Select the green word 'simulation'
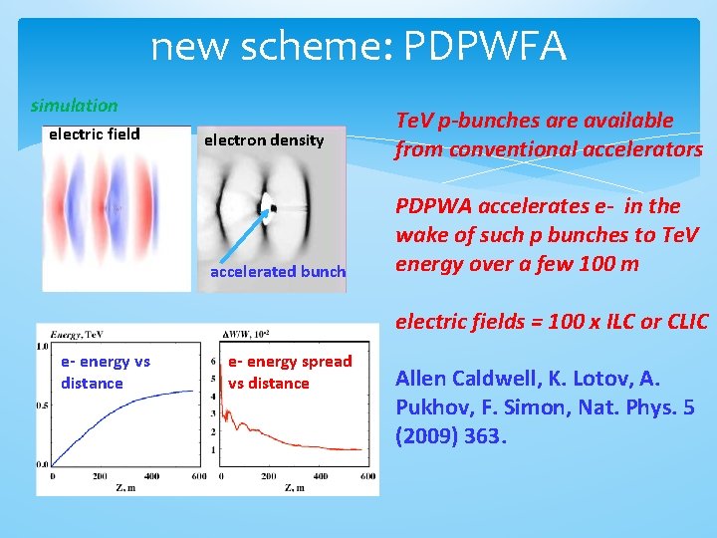74,105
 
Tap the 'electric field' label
95,134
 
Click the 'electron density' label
264,140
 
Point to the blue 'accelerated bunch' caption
278,271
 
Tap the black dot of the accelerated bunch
269,208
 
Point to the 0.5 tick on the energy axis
42,404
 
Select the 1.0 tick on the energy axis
42,346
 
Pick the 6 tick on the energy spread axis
215,362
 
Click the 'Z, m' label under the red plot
296,487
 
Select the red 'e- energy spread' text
290,362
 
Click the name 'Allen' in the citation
422,378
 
